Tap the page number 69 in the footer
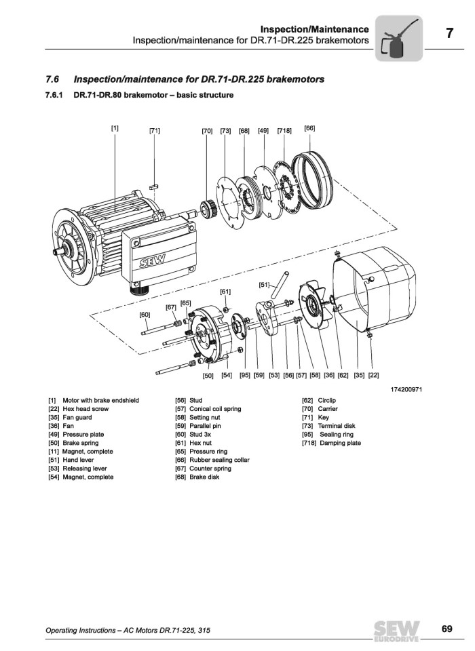coord(446,629)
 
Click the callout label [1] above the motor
coord(115,127)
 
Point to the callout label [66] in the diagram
coord(309,127)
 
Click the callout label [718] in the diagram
coord(284,130)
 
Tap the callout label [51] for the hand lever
coord(265,285)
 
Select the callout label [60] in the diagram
coord(145,315)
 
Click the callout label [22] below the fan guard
coord(373,374)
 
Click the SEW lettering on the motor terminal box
coord(150,262)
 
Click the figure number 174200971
coord(406,389)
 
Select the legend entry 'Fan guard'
coord(76,418)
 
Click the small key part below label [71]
coord(154,182)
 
